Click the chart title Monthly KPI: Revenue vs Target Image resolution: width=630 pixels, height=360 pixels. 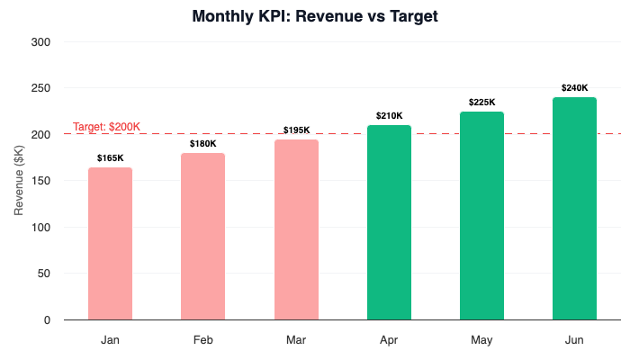(315, 16)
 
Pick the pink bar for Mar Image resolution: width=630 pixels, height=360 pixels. (296, 229)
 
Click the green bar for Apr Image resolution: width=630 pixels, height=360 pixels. (389, 222)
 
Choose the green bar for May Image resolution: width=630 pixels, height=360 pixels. (481, 216)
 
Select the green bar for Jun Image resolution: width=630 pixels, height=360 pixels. (574, 209)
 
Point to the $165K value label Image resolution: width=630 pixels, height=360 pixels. (111, 158)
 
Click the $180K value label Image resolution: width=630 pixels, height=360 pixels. (203, 144)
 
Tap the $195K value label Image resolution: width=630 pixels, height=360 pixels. (297, 130)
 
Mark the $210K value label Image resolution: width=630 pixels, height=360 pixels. (389, 116)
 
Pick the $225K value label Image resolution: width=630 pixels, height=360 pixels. (481, 103)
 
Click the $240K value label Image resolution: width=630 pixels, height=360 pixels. (574, 88)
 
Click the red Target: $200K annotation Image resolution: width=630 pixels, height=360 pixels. (106, 127)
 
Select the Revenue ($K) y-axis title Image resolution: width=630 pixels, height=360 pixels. (19, 181)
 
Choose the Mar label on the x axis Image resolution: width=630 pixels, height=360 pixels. (296, 341)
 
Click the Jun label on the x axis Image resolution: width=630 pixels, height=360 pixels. (574, 341)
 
